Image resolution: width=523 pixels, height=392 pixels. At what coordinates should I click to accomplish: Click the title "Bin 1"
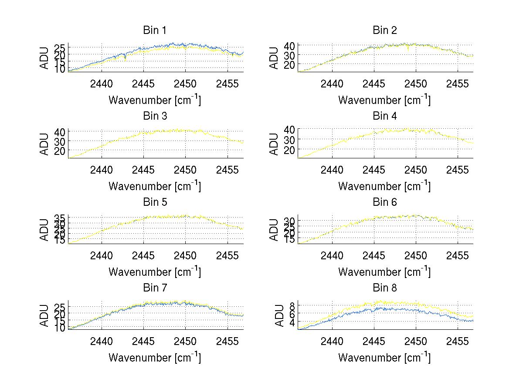[x=155, y=30]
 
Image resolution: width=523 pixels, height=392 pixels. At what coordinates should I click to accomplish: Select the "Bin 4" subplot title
[x=384, y=116]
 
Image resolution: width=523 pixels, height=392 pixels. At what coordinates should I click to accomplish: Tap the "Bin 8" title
[x=384, y=288]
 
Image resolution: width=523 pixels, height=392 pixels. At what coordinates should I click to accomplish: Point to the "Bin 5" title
[x=155, y=202]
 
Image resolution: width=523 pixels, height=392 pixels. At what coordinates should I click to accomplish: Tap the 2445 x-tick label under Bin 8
[x=374, y=341]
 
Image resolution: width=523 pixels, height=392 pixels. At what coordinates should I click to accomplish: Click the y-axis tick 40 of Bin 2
[x=290, y=46]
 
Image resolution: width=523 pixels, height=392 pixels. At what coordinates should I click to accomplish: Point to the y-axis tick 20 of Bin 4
[x=290, y=149]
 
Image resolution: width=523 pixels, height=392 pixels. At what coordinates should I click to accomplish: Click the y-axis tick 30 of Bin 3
[x=60, y=141]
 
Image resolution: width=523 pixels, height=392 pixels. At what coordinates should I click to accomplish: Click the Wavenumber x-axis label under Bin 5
[x=155, y=272]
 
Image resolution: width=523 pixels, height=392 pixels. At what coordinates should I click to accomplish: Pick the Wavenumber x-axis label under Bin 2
[x=384, y=100]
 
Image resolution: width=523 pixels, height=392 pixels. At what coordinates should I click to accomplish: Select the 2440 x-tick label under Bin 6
[x=332, y=255]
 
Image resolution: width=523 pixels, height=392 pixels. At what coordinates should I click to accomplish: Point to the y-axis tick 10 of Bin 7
[x=60, y=328]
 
